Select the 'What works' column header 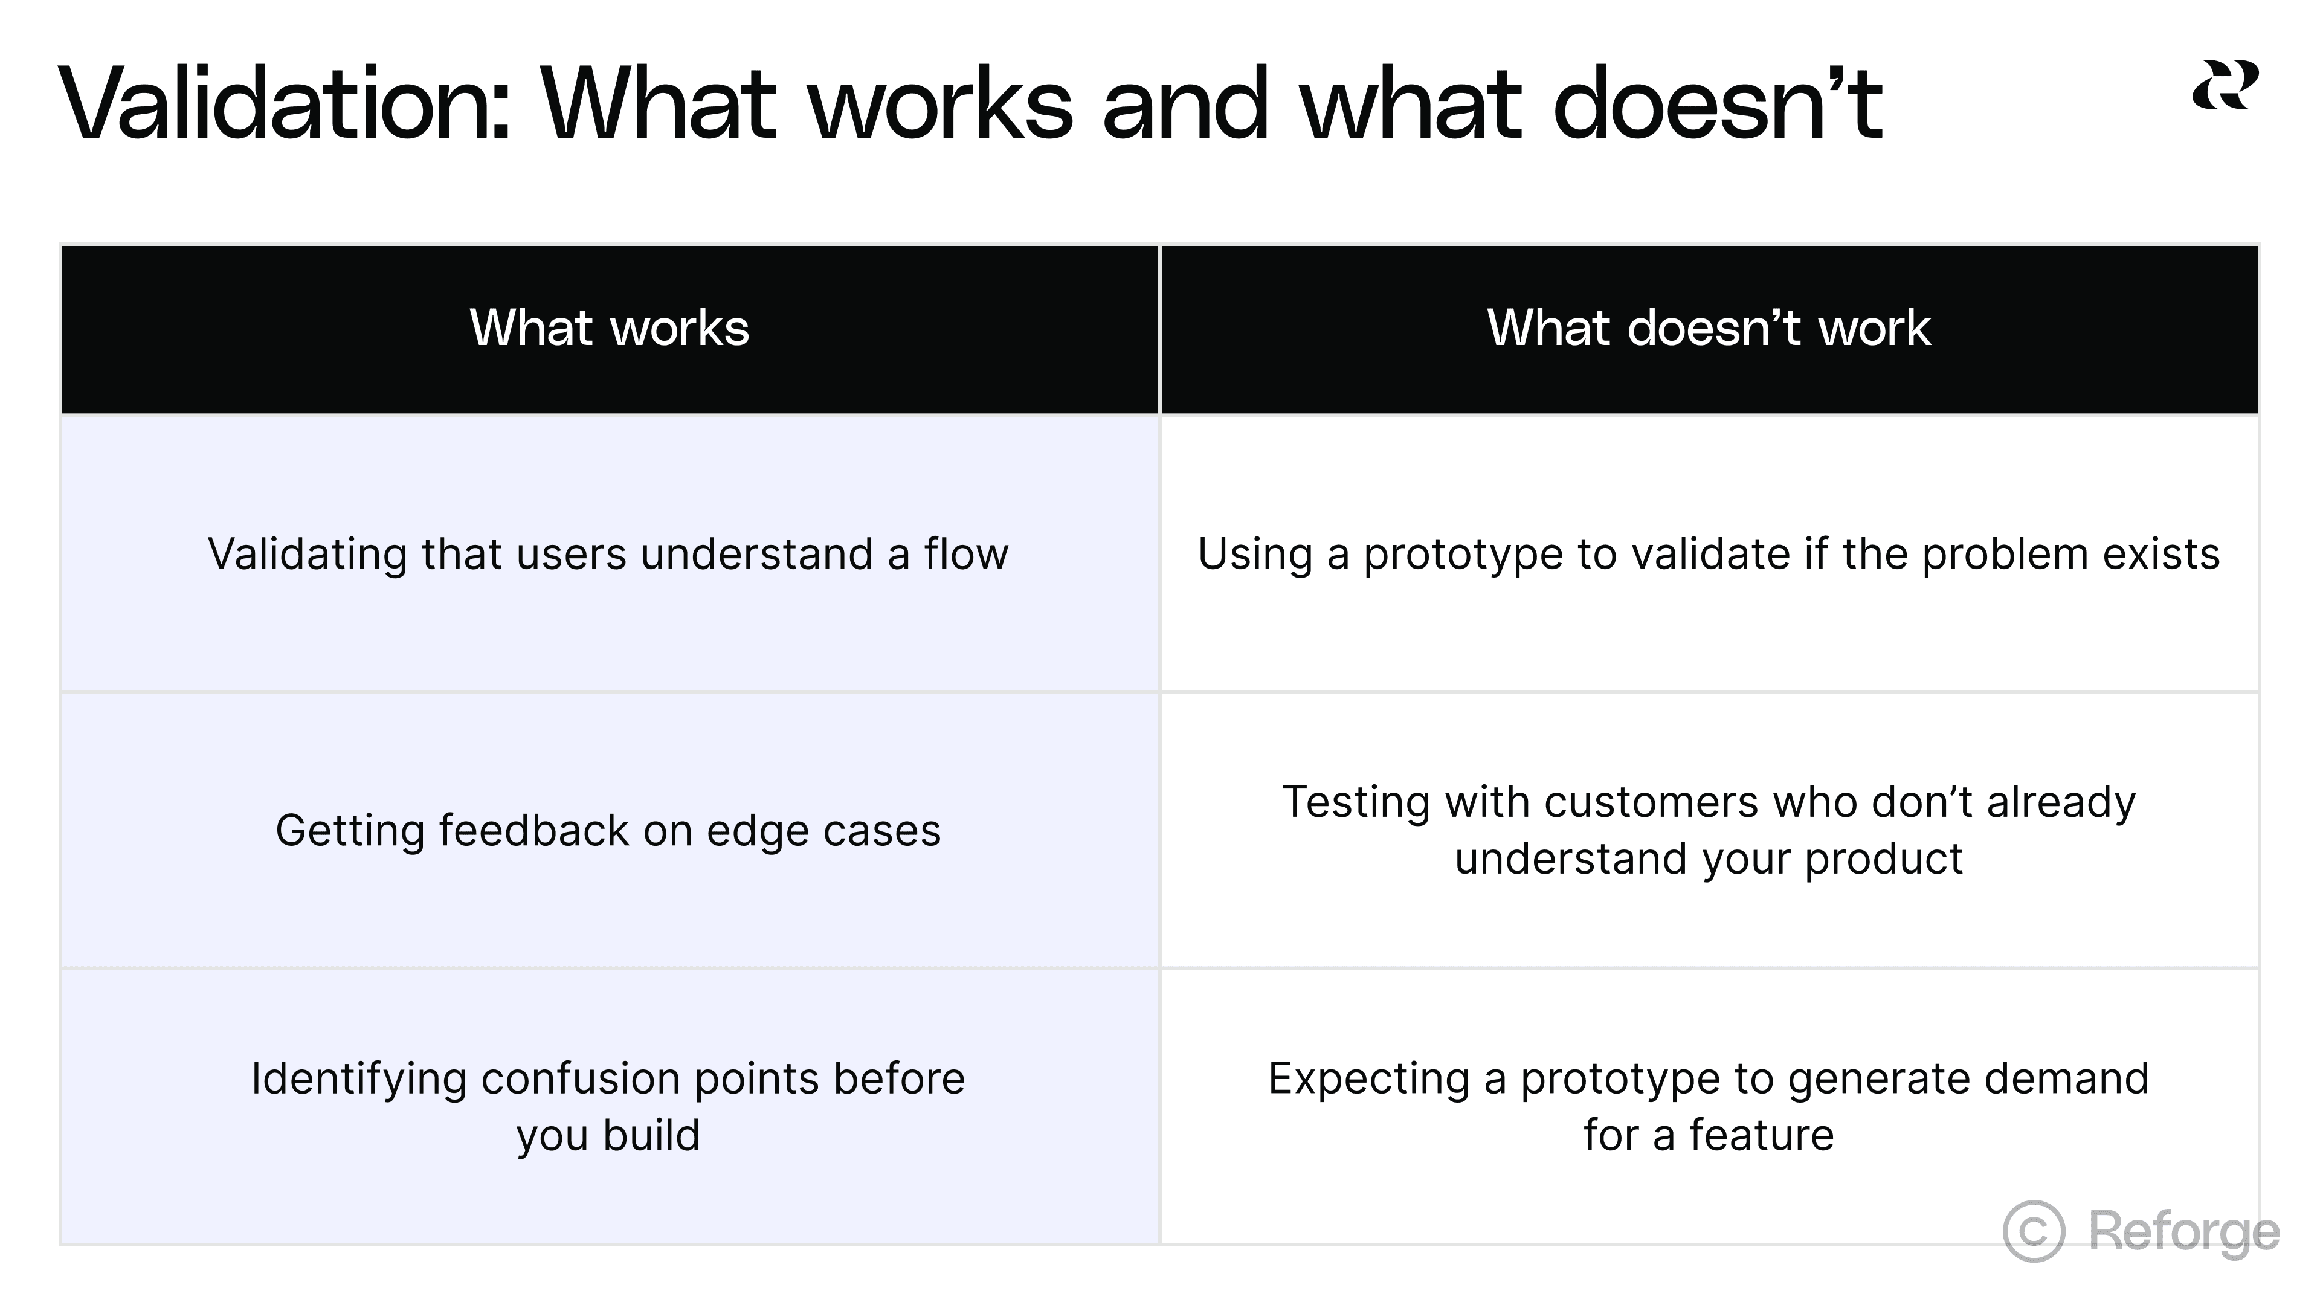click(609, 328)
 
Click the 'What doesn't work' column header click(1709, 328)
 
